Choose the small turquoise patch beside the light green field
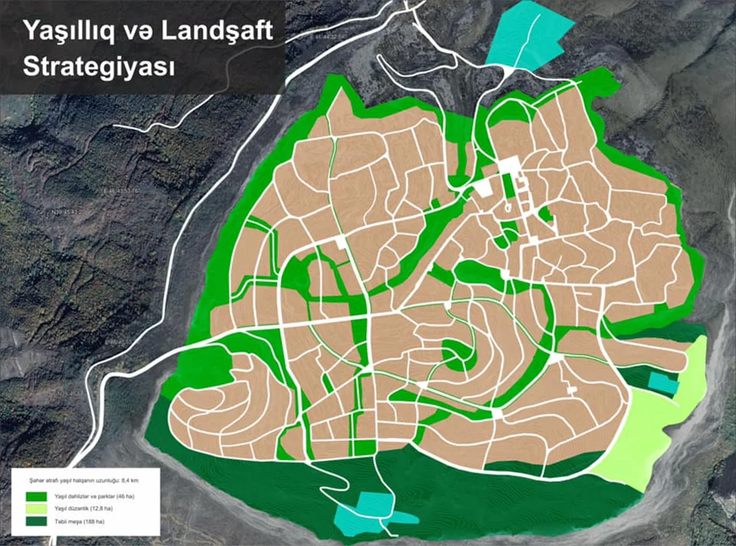click(x=664, y=383)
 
